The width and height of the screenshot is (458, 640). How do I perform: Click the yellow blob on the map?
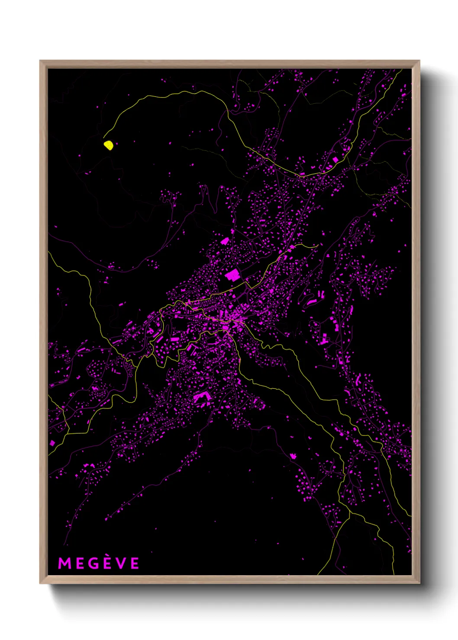coord(108,145)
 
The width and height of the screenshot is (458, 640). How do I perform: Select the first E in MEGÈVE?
coord(78,563)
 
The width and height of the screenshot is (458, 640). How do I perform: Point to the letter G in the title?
coord(92,563)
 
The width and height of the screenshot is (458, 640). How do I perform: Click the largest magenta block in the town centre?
coord(232,275)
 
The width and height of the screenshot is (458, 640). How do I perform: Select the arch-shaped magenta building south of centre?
coord(201,396)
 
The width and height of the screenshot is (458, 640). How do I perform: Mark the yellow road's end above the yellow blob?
coord(104,137)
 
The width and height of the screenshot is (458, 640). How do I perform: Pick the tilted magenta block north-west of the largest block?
coord(224,241)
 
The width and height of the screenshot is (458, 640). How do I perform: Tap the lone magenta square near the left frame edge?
coord(52,443)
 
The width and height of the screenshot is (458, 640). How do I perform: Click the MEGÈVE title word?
coord(99,563)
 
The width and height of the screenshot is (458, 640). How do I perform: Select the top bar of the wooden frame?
coord(229,64)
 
